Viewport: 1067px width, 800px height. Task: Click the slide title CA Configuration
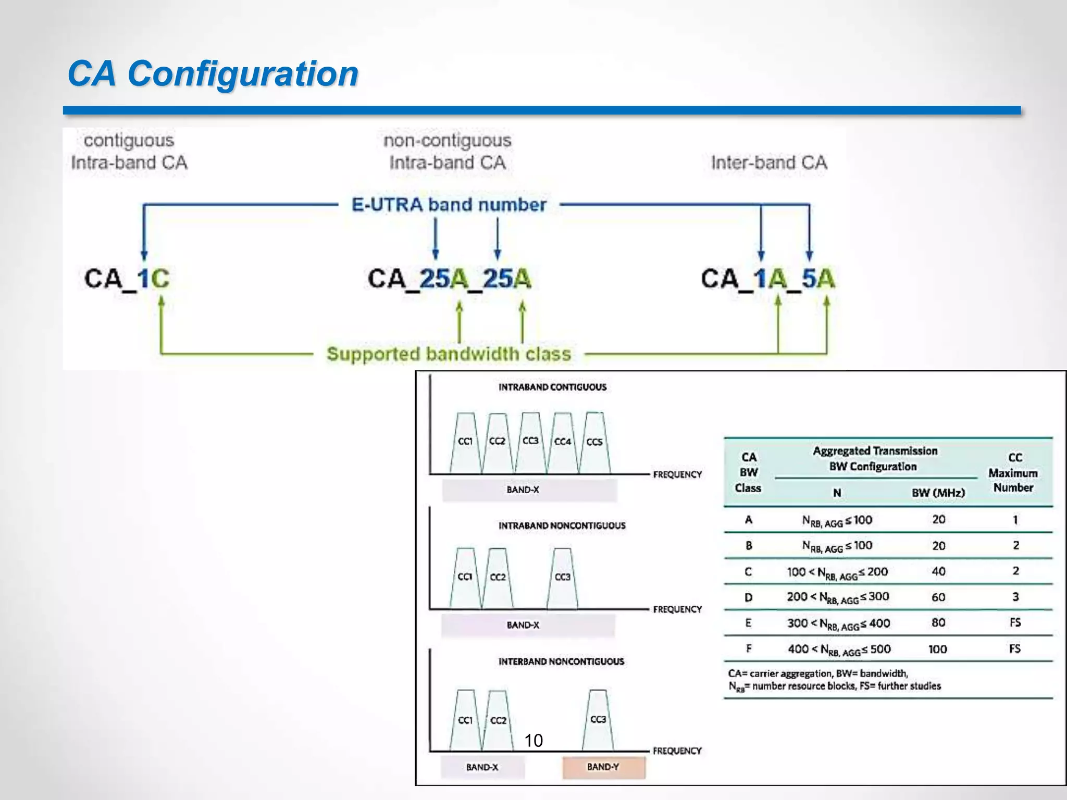213,73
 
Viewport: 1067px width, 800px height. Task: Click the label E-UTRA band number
449,205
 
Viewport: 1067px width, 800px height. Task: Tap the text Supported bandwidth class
449,354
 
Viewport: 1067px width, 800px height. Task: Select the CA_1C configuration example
127,279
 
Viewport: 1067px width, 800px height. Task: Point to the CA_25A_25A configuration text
449,279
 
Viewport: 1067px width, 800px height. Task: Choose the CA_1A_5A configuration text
767,279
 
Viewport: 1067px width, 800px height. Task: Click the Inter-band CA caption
769,162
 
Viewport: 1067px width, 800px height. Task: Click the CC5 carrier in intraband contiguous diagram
594,442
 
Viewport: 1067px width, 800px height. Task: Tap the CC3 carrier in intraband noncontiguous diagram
563,577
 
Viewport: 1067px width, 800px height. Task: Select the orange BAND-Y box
603,767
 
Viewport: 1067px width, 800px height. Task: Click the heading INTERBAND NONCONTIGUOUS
561,661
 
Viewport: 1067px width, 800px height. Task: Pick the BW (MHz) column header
938,493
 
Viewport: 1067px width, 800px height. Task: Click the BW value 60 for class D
938,597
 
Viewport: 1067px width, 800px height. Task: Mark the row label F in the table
749,649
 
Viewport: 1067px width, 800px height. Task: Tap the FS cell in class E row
1015,623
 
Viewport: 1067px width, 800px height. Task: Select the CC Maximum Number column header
1013,472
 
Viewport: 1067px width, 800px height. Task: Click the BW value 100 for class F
937,649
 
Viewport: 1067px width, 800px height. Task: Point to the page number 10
533,740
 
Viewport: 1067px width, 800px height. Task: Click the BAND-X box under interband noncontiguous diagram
482,767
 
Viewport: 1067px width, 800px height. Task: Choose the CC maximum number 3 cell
1015,597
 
